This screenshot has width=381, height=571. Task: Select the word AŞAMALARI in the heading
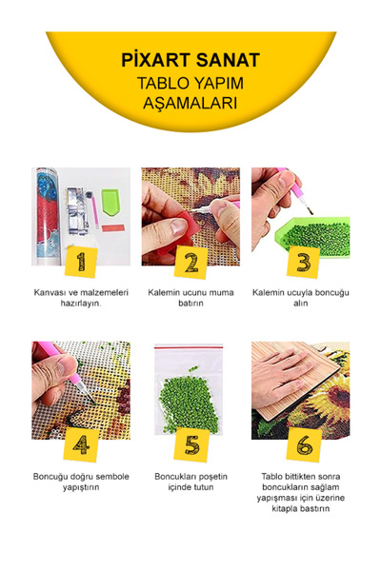coord(190,103)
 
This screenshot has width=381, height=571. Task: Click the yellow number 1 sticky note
coord(81,261)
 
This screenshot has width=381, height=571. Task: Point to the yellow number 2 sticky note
coord(190,263)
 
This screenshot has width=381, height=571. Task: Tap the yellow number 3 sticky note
coord(303,263)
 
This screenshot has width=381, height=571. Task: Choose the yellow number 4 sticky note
coord(81,445)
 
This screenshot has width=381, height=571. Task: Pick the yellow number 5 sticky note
coord(191,445)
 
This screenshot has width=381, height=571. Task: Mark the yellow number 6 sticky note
coord(304,445)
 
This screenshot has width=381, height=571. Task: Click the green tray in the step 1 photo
coord(110,202)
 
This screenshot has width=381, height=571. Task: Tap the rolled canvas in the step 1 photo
coord(47,216)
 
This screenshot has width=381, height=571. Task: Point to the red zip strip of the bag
coord(189,347)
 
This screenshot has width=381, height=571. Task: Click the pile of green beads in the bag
coord(189,400)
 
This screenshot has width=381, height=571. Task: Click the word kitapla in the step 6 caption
coord(284,509)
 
